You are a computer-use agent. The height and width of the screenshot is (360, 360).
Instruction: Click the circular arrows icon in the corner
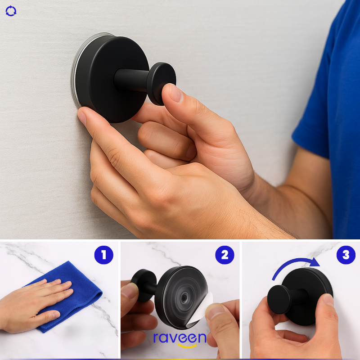coord(11,11)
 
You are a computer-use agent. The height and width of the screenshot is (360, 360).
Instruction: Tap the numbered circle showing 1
coord(104,255)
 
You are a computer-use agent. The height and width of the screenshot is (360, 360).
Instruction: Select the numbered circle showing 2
coord(225,255)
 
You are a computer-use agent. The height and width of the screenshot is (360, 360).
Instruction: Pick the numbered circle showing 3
coord(346,255)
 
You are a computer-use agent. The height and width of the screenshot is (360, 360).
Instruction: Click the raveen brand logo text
coord(180,338)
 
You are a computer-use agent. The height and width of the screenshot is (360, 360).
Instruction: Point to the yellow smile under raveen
coord(187,346)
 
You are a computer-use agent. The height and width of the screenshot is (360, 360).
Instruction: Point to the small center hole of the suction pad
coord(184,298)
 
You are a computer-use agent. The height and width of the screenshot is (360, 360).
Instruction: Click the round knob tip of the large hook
coord(162,83)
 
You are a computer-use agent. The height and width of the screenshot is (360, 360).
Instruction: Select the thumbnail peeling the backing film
coord(215,310)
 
